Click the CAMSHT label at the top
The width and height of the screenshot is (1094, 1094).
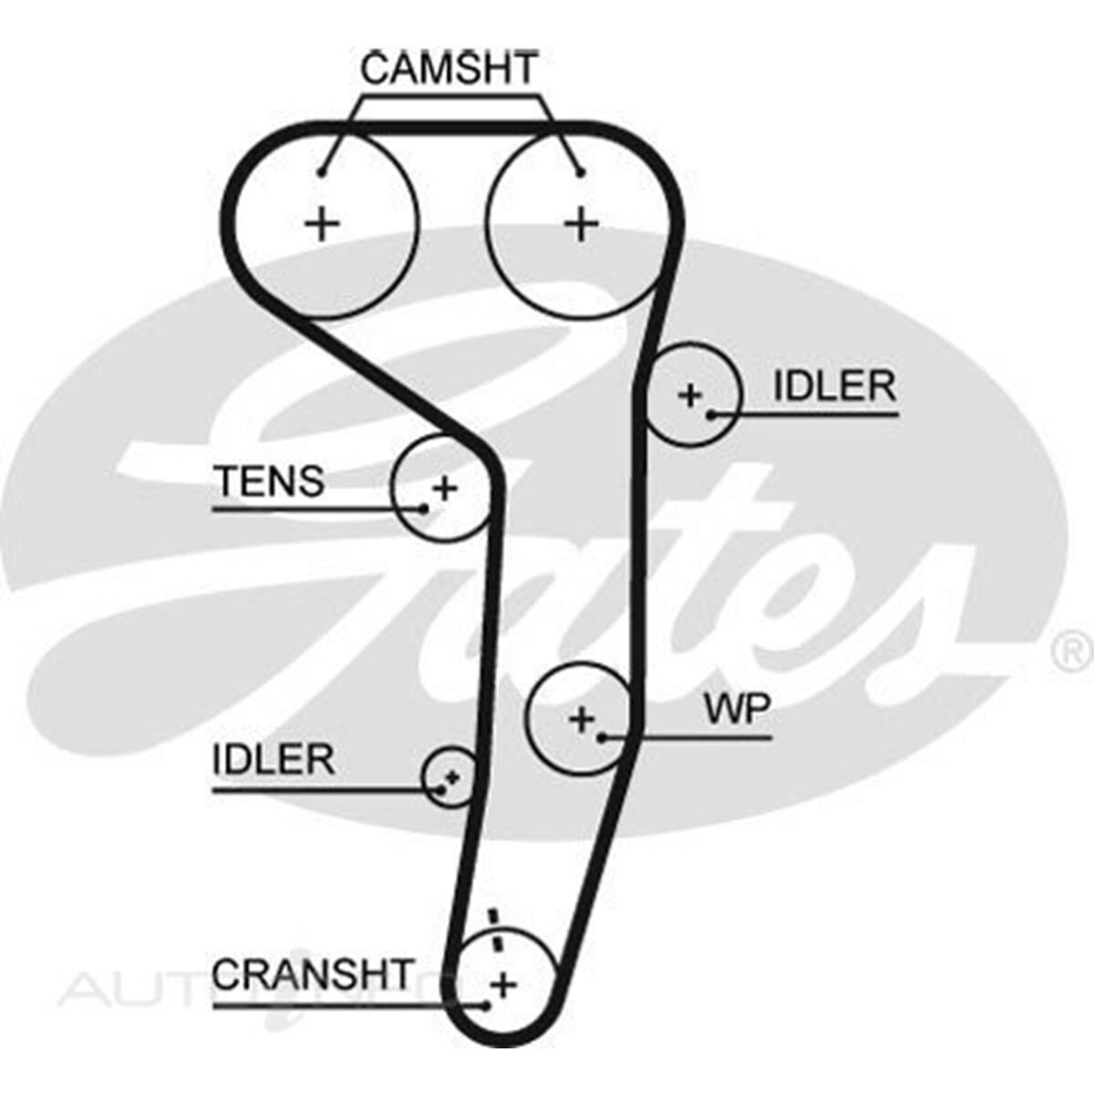coord(449,69)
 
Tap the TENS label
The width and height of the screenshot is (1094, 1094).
coord(269,480)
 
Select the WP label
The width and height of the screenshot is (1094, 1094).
coord(737,708)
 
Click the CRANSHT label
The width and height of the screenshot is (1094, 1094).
coord(313,975)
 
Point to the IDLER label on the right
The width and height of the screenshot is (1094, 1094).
coord(834,387)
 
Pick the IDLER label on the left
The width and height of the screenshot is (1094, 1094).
coord(273,759)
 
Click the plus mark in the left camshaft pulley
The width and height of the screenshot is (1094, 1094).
coord(321,223)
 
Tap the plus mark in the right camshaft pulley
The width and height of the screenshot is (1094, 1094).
coord(582,223)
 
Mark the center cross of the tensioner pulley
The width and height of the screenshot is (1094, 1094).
coord(445,489)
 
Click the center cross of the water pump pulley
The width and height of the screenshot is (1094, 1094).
coord(581,719)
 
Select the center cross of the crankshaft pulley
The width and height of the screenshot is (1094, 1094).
coord(502,984)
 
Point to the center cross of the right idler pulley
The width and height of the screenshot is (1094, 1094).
coord(690,395)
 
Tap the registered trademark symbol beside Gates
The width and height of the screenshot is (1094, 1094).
coord(1073,651)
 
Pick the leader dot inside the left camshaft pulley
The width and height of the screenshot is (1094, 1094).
coord(322,172)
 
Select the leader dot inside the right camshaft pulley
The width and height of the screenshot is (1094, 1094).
coord(581,172)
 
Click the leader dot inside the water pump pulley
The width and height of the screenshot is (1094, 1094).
coord(603,736)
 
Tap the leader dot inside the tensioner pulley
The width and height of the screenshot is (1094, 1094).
coord(424,508)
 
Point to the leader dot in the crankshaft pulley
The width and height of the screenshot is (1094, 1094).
coord(486,1006)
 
